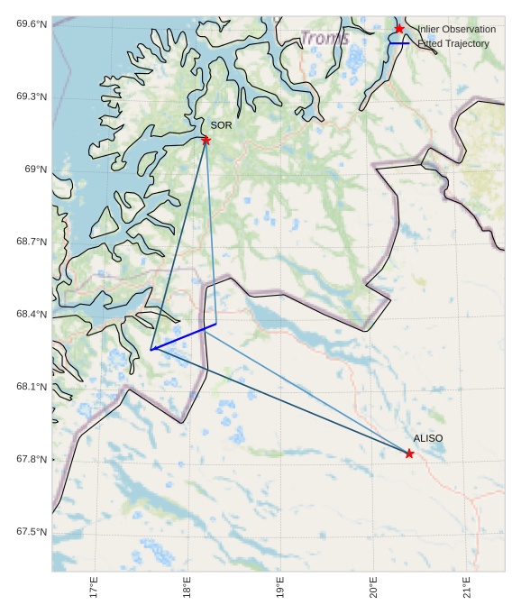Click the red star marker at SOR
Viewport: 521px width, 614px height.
click(206, 140)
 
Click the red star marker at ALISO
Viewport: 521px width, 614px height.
click(409, 454)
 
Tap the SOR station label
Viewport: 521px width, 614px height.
click(221, 125)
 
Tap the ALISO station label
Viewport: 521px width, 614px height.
click(428, 438)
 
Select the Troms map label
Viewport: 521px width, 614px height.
click(324, 39)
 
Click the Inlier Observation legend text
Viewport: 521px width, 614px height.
click(456, 30)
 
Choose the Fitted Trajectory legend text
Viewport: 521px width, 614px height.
click(453, 43)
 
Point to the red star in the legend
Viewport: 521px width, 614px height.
click(399, 30)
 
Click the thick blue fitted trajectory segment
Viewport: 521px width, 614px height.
click(184, 336)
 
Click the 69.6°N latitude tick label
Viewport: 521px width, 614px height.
click(32, 23)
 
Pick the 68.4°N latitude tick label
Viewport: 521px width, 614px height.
click(32, 315)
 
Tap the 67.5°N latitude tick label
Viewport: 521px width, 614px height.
click(32, 532)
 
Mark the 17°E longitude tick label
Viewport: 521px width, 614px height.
click(94, 587)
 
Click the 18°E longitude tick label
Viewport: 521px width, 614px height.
click(187, 587)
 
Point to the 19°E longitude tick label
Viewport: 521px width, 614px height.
click(280, 587)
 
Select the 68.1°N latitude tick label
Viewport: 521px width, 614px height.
click(32, 387)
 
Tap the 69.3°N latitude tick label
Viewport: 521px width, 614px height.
click(32, 96)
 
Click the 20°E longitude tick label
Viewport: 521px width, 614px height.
click(373, 587)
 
